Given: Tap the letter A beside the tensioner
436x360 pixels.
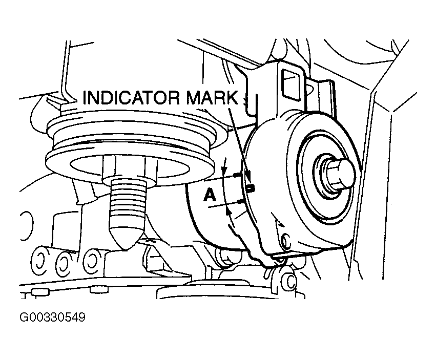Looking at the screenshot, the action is click(209, 195).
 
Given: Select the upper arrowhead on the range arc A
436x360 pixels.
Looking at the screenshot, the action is click(223, 170).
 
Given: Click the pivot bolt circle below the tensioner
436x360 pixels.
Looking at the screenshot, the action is click(290, 281).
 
